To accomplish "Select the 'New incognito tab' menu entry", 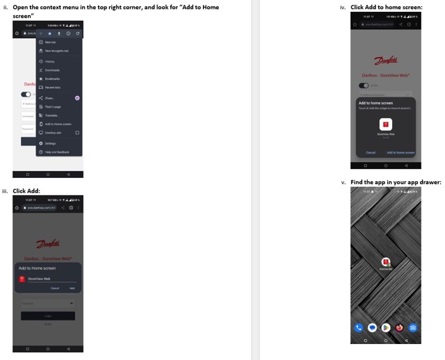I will point(58,51).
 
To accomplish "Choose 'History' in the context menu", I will point(50,61).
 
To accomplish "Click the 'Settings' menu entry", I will point(51,143).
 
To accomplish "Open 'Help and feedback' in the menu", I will point(58,152).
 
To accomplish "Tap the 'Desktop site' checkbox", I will point(77,133).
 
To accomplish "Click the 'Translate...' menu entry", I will point(53,115).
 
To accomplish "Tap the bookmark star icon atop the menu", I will point(50,33).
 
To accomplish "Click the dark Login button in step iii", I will point(47,316).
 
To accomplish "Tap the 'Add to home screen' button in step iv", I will point(400,152).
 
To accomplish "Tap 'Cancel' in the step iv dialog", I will point(371,152).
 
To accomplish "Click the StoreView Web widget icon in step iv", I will point(385,124).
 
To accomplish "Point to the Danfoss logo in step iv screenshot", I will point(385,61).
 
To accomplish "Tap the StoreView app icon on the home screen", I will point(386,261).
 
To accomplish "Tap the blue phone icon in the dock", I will point(359,327).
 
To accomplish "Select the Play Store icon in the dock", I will point(385,327).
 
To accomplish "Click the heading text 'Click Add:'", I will point(26,190).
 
